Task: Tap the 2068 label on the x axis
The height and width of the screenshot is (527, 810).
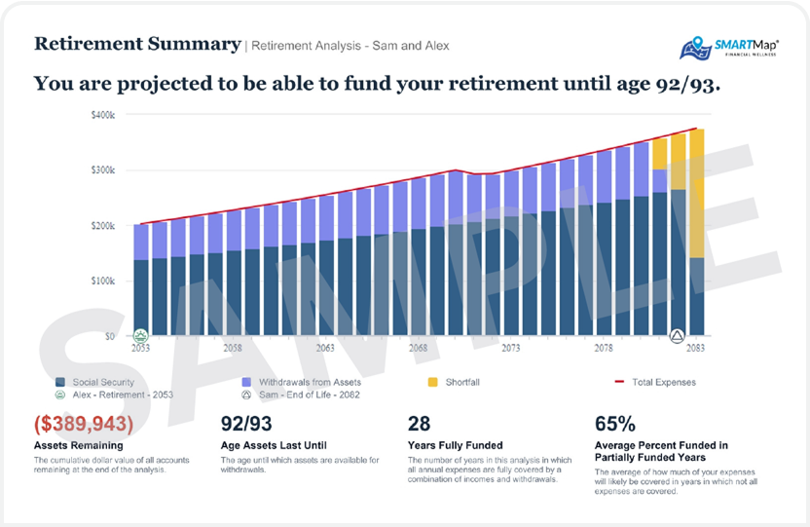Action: pos(418,348)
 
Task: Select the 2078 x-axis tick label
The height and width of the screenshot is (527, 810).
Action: pos(604,348)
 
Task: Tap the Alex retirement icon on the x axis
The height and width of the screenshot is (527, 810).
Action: pos(140,336)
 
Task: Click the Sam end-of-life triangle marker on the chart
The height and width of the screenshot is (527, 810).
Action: pos(678,336)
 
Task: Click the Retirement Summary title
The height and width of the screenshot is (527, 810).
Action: pos(137,44)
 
